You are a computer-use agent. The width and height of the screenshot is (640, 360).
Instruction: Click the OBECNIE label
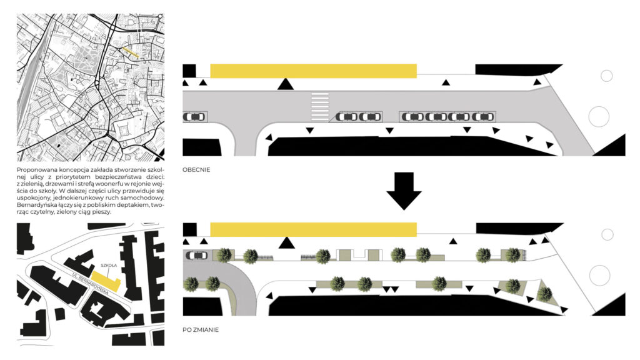click(196, 170)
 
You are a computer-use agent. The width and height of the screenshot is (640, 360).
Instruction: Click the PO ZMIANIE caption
click(201, 329)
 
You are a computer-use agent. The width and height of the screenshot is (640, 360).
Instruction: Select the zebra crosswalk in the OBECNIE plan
click(319, 107)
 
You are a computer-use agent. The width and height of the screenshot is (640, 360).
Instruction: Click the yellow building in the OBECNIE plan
click(313, 71)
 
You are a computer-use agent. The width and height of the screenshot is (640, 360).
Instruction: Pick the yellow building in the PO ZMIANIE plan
click(313, 229)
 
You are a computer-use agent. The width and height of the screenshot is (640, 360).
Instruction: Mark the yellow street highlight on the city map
click(129, 52)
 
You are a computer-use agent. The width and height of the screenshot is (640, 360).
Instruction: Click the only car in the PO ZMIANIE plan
click(197, 255)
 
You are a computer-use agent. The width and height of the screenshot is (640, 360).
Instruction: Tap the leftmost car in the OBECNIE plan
click(194, 116)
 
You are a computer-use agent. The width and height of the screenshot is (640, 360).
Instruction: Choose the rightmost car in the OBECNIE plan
click(481, 117)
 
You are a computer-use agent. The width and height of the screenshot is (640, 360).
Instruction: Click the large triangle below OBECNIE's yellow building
click(286, 84)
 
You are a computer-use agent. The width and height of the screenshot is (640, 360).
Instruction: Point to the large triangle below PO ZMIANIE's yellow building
click(286, 242)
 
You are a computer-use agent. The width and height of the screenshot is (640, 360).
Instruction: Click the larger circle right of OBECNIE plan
click(599, 116)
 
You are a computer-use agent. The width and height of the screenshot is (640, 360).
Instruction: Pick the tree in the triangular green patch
click(544, 292)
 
